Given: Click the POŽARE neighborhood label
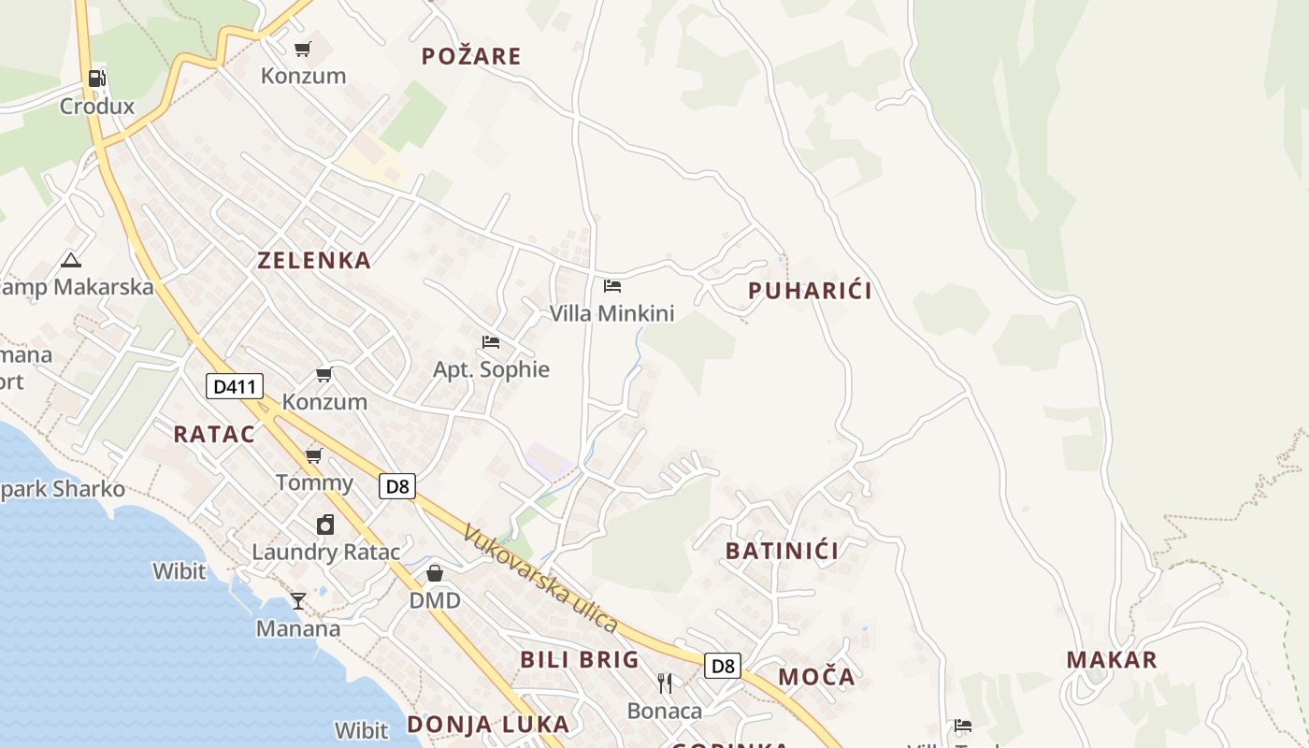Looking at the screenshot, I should pyautogui.click(x=471, y=56).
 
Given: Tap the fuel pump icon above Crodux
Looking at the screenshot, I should pyautogui.click(x=97, y=79).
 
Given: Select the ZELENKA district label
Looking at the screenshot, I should pyautogui.click(x=314, y=261).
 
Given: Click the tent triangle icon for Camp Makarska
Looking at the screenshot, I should pyautogui.click(x=70, y=260).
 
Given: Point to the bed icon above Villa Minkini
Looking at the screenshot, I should pyautogui.click(x=612, y=286).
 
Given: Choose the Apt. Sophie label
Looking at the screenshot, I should pyautogui.click(x=491, y=369).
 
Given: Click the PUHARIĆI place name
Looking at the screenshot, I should pyautogui.click(x=810, y=291).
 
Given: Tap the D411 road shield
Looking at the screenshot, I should pyautogui.click(x=235, y=386).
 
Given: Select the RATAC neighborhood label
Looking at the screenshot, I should pyautogui.click(x=214, y=434).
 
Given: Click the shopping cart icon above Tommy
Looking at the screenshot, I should pyautogui.click(x=314, y=456).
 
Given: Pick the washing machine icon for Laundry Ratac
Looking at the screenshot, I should pyautogui.click(x=324, y=525).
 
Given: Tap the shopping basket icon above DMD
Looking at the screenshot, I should pyautogui.click(x=435, y=573).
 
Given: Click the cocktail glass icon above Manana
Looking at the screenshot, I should pyautogui.click(x=298, y=600).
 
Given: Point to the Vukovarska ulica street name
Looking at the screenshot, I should pyautogui.click(x=541, y=578).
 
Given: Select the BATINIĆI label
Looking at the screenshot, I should pyautogui.click(x=782, y=551).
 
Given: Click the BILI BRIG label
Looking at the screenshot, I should pyautogui.click(x=580, y=659).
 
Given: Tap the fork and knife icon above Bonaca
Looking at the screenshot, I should pyautogui.click(x=665, y=683).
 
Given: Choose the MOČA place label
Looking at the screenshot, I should pyautogui.click(x=816, y=677).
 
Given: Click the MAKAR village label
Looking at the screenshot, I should pyautogui.click(x=1112, y=659).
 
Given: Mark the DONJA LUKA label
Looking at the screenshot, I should pyautogui.click(x=487, y=724).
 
